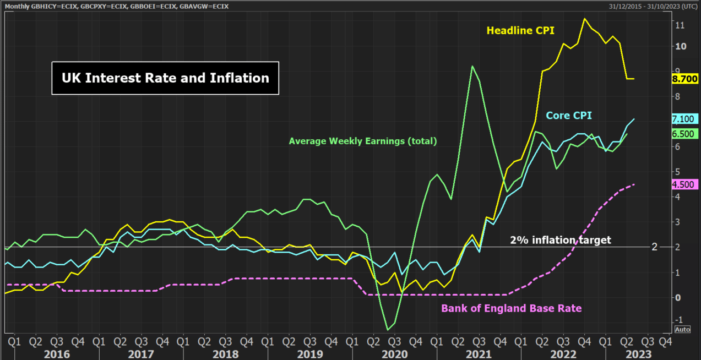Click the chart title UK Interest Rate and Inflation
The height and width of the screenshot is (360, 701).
(x=165, y=78)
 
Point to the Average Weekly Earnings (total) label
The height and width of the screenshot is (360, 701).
(x=363, y=141)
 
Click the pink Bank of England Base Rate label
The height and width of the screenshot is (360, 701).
(x=511, y=308)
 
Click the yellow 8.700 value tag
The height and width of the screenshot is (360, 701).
(x=684, y=79)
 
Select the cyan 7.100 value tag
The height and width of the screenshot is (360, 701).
(x=684, y=119)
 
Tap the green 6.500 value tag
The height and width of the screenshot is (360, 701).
(x=684, y=134)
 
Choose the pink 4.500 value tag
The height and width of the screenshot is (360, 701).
(x=684, y=185)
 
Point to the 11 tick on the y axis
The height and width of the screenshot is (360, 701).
(x=680, y=25)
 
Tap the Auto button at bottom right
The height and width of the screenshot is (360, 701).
(x=682, y=330)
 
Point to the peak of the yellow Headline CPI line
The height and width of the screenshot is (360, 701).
(x=584, y=19)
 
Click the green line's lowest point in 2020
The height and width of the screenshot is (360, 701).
(x=388, y=330)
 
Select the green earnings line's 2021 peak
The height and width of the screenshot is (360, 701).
(x=472, y=66)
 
